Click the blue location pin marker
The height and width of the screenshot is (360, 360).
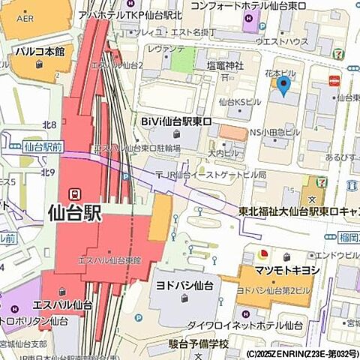[283, 86]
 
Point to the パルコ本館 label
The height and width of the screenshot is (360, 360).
[40, 52]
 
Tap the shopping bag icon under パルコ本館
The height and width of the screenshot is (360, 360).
[40, 65]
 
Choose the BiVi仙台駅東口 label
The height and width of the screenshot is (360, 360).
[177, 120]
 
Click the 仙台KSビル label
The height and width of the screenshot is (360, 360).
[239, 100]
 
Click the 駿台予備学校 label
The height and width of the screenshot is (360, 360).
[198, 343]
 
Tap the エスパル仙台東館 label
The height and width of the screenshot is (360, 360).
[109, 259]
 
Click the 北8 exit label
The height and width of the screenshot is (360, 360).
[49, 124]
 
